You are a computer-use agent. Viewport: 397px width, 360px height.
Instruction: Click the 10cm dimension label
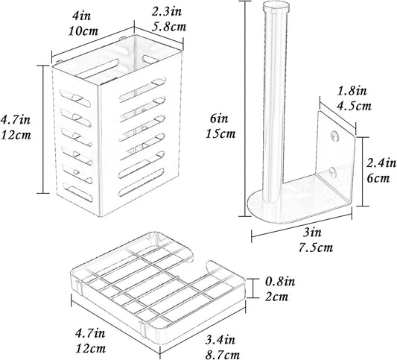(x=83, y=31)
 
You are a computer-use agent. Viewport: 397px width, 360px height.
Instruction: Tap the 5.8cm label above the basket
(x=169, y=27)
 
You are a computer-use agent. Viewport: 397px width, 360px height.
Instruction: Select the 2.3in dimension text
(x=167, y=11)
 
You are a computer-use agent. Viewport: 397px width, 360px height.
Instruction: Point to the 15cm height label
(x=220, y=133)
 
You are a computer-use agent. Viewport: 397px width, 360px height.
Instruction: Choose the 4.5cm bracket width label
(x=354, y=106)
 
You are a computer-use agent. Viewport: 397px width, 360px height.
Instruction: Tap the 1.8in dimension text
(x=352, y=91)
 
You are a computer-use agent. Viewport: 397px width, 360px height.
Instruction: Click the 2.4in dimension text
(x=381, y=163)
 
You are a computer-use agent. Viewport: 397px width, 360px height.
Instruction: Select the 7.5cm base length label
(x=316, y=247)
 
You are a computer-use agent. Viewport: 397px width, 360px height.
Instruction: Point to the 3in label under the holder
(x=312, y=232)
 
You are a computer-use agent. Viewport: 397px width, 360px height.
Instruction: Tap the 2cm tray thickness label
(x=276, y=297)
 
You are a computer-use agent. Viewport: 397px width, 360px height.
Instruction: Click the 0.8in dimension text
(x=280, y=282)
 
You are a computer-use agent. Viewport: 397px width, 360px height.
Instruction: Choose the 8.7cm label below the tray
(x=223, y=355)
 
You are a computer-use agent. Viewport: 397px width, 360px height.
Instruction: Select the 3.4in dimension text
(x=220, y=339)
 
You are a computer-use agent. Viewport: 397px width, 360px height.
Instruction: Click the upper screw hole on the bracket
(x=335, y=136)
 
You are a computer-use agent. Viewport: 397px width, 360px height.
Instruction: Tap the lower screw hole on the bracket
(x=333, y=171)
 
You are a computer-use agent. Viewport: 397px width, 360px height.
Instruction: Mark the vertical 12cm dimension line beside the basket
(x=43, y=129)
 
